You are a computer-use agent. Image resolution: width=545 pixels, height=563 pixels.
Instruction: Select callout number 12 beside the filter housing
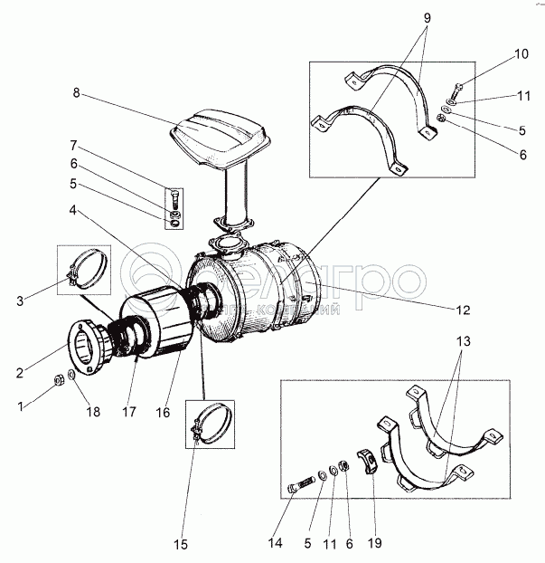(463, 310)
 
